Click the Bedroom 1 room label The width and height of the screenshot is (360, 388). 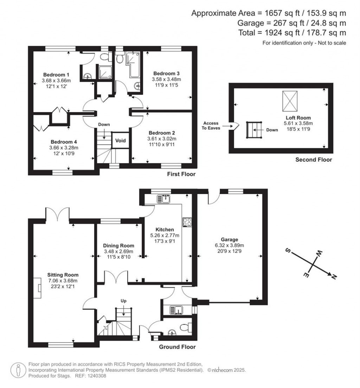[56, 75]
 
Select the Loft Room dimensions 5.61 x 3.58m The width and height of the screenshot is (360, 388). [298, 123]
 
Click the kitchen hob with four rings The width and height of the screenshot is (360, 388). [186, 222]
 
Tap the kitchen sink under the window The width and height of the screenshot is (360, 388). [164, 199]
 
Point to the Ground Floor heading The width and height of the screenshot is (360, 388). [177, 347]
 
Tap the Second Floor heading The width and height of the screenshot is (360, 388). [314, 160]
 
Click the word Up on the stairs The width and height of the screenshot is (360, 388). [123, 301]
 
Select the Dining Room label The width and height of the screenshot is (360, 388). [118, 246]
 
